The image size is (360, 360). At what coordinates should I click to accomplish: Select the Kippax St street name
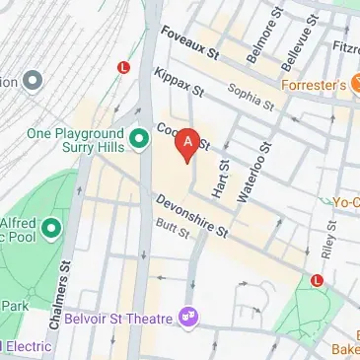point(179,84)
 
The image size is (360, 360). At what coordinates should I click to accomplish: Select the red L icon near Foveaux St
point(124,67)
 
